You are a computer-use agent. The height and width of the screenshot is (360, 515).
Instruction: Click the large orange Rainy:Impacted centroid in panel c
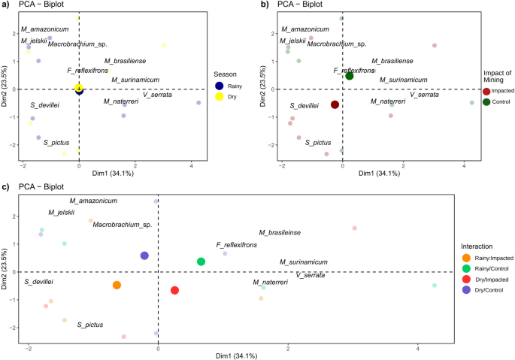click(x=117, y=285)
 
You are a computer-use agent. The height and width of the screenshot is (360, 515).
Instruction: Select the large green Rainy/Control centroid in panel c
click(x=201, y=262)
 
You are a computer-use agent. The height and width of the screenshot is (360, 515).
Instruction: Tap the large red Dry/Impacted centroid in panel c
click(x=175, y=290)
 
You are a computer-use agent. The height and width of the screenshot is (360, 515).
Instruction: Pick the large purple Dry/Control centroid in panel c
click(x=144, y=256)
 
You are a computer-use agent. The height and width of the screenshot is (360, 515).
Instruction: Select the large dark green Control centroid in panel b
click(x=350, y=76)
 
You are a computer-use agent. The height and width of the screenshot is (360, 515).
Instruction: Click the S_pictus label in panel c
click(x=89, y=325)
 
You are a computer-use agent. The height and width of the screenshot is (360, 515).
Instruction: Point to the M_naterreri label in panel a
click(x=122, y=101)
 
